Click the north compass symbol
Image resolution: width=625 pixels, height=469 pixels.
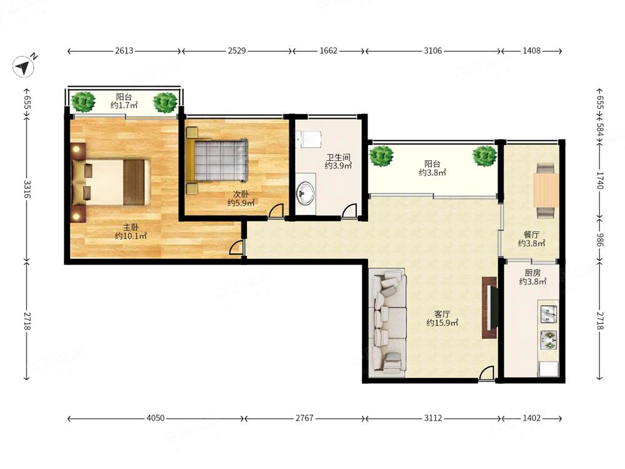point(23,66)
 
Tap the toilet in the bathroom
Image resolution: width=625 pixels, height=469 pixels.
point(309,139)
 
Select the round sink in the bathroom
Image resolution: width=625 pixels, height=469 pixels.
point(306,193)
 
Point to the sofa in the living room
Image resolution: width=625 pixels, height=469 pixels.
point(387,323)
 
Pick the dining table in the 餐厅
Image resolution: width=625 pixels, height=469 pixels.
point(546,190)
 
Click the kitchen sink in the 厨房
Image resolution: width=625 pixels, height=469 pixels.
point(549,314)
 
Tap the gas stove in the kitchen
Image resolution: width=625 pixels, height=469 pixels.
point(549,340)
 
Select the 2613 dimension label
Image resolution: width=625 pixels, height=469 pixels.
point(124,51)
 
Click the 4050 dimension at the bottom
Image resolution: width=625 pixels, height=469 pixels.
point(156,418)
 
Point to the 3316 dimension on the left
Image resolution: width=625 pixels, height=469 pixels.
point(27,189)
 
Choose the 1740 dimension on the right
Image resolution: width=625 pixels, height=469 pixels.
point(600,180)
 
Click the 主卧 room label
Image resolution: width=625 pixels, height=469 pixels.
point(131,228)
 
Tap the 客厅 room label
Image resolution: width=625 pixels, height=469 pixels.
point(442,315)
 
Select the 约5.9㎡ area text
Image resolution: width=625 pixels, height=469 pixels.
point(241,203)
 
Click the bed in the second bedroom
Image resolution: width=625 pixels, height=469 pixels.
point(217,160)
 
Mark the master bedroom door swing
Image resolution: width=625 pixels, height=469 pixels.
point(236,247)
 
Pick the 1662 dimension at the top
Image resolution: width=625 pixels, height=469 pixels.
point(329,51)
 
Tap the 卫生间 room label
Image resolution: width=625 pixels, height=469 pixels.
point(338,157)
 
